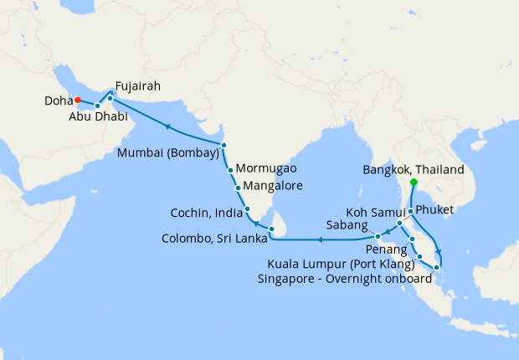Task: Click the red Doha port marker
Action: click(76, 100)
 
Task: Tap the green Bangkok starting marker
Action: click(414, 182)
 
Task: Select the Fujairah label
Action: click(138, 85)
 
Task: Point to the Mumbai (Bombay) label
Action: click(168, 153)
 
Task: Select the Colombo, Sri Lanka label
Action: click(214, 238)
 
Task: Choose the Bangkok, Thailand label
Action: click(413, 169)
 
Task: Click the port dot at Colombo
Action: click(271, 228)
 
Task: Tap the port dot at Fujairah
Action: click(110, 98)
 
